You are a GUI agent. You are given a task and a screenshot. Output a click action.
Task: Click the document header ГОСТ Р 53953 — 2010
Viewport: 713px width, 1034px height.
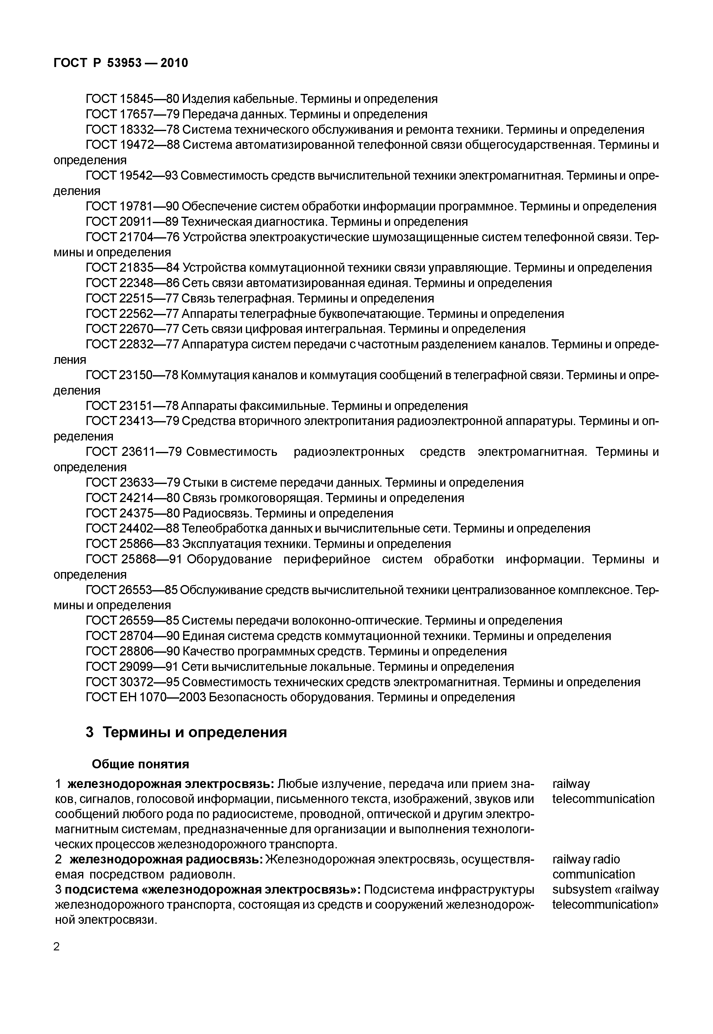121,63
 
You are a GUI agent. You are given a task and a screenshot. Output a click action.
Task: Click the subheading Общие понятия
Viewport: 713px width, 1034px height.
140,764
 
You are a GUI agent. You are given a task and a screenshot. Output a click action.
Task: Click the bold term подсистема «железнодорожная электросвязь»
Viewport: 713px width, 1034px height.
213,890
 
